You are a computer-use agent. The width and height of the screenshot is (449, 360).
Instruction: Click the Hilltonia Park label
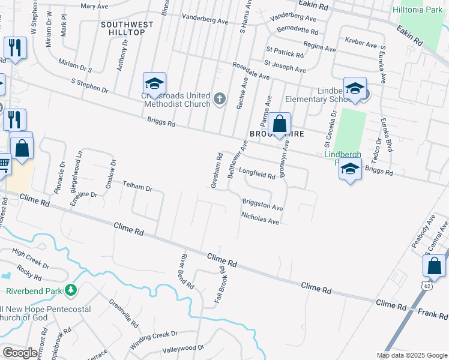pos(417,10)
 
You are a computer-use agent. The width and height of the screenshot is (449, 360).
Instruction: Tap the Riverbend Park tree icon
pos(71,291)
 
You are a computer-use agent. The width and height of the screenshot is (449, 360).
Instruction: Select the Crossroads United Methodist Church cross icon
pos(220,98)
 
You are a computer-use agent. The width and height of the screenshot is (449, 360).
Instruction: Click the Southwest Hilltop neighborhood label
pos(127,28)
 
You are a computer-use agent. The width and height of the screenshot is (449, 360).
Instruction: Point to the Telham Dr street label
pos(137,186)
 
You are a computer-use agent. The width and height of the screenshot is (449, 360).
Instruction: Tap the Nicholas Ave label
pos(260,217)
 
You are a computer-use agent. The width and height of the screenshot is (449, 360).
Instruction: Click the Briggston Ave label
pos(262,205)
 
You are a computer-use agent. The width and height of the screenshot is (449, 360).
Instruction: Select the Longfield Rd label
pos(256,172)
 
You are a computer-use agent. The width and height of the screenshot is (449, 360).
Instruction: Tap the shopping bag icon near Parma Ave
pos(279,125)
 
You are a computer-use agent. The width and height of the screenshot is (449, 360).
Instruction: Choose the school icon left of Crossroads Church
pos(154,85)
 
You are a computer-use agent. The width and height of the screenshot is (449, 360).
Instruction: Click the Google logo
pos(20,353)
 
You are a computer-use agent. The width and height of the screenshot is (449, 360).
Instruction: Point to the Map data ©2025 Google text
pos(412,355)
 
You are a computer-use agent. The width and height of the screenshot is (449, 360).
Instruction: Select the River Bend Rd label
pos(187,271)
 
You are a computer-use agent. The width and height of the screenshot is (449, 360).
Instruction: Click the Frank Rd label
pos(429,313)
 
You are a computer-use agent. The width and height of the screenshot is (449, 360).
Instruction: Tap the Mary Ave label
pos(94,5)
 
